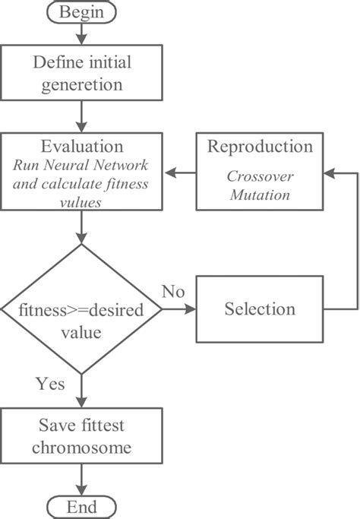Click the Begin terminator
[x=81, y=13]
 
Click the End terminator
[x=81, y=507]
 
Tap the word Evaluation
[x=81, y=147]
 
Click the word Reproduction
[x=260, y=147]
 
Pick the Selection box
[x=260, y=309]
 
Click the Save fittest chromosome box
[x=81, y=436]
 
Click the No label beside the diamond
[x=174, y=292]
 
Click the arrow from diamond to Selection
[x=179, y=310]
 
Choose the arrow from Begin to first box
[x=81, y=35]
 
